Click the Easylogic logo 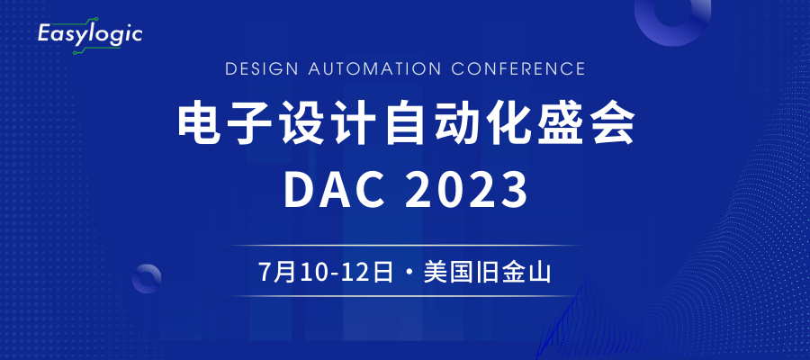90,36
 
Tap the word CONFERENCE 518,68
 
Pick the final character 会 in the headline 614,124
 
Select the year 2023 466,190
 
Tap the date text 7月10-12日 326,272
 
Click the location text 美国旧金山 487,272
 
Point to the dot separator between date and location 409,273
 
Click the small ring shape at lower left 147,266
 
